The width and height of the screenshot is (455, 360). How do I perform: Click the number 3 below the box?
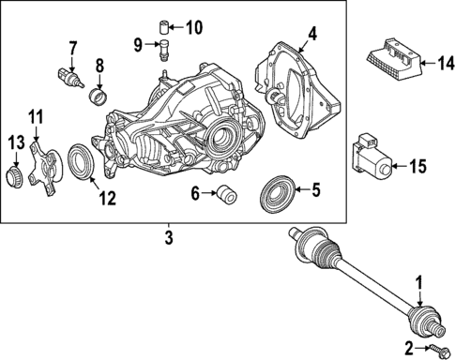coord(169,239)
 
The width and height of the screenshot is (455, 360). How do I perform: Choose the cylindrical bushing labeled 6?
coord(225,195)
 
